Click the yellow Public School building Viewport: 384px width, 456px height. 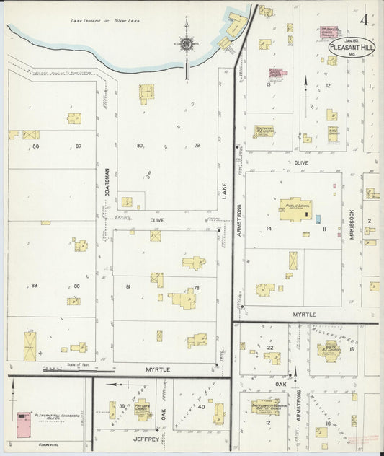coord(295,209)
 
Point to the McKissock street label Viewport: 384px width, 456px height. coord(351,224)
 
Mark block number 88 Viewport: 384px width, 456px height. coord(35,146)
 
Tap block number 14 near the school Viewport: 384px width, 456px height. coord(268,229)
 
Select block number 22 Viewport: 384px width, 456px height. coord(270,348)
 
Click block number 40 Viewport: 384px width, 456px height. coord(201,407)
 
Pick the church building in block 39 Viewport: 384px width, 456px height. coord(142,409)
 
